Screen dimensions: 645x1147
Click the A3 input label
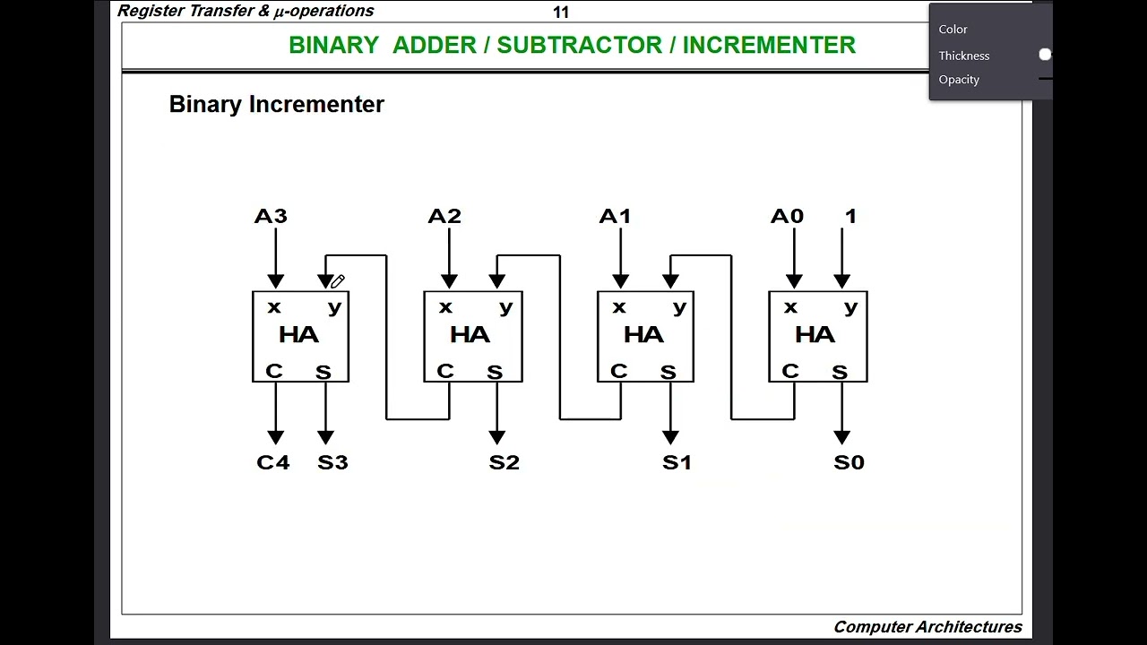coord(271,216)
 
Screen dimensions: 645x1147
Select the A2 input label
coord(444,216)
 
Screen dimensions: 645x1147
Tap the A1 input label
coord(615,216)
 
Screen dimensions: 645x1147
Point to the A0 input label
coord(787,216)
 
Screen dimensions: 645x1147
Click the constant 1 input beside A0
coord(850,216)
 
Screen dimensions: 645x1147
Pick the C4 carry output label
coord(273,462)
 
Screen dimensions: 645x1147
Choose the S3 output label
coord(332,462)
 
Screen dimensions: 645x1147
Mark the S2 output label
coord(505,462)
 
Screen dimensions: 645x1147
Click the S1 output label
coord(677,462)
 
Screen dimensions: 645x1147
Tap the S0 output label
coord(849,462)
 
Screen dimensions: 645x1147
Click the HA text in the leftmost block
coord(298,335)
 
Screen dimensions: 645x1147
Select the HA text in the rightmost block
coord(815,335)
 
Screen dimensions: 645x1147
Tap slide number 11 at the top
coord(561,12)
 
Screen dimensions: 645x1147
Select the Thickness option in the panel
coord(964,56)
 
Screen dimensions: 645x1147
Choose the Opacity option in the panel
coord(959,80)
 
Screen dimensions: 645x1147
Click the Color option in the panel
coord(953,30)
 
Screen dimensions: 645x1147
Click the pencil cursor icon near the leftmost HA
coord(338,281)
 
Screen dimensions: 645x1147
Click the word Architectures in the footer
coord(973,627)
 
